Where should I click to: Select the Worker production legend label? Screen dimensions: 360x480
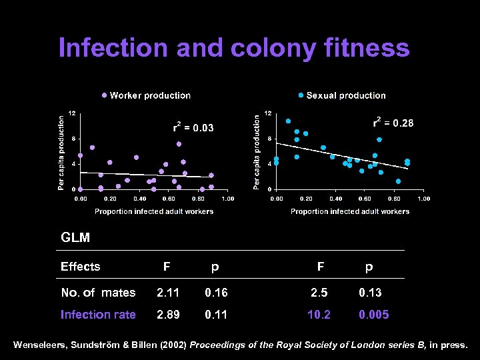pos(150,95)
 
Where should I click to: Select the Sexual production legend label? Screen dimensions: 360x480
pos(346,95)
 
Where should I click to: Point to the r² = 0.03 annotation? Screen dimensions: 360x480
pos(193,127)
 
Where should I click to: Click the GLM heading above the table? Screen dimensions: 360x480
pos(75,237)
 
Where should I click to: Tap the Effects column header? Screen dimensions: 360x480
pos(80,267)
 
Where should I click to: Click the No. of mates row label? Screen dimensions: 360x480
pos(98,293)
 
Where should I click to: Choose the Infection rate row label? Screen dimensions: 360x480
pos(98,315)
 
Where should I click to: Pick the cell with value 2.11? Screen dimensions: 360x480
pos(167,293)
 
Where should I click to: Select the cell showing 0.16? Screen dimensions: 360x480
pos(216,293)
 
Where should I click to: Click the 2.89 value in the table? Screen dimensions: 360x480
pos(167,315)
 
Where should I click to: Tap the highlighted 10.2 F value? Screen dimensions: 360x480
pos(319,315)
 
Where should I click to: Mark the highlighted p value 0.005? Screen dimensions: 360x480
pos(373,315)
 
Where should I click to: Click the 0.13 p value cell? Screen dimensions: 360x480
pos(370,293)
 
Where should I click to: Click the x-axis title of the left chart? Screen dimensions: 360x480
pos(154,211)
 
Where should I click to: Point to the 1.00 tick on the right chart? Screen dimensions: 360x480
pos(424,199)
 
